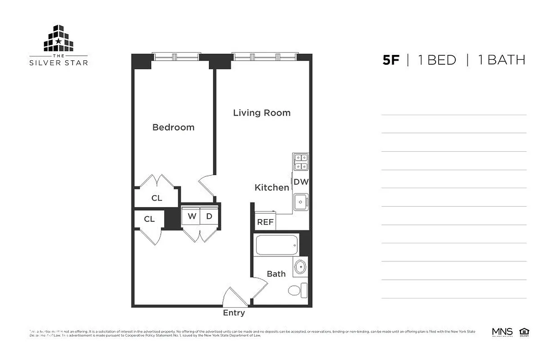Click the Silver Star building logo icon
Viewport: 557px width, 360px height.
pyautogui.click(x=59, y=39)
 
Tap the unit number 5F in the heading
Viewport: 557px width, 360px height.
pyautogui.click(x=391, y=60)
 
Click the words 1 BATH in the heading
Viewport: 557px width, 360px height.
pyautogui.click(x=501, y=60)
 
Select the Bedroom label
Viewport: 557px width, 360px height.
pyautogui.click(x=173, y=127)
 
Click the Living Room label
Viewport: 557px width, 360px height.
pyautogui.click(x=262, y=113)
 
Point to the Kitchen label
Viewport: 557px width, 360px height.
pyautogui.click(x=272, y=188)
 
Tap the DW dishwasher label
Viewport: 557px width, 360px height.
pyautogui.click(x=301, y=182)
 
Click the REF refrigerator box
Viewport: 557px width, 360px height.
pyautogui.click(x=265, y=222)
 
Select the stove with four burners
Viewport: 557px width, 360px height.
pyautogui.click(x=301, y=162)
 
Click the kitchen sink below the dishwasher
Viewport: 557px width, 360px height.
pyautogui.click(x=300, y=202)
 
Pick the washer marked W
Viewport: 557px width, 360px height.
pyautogui.click(x=192, y=216)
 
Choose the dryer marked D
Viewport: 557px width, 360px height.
pyautogui.click(x=209, y=216)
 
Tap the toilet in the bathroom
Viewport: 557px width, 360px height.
pyautogui.click(x=296, y=290)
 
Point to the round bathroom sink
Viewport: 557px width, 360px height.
pyautogui.click(x=300, y=267)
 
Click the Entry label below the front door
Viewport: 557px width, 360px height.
pyautogui.click(x=234, y=313)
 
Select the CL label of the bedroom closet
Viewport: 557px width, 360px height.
pyautogui.click(x=157, y=198)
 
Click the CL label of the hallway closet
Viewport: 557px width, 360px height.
pyautogui.click(x=149, y=219)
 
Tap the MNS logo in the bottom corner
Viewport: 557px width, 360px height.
pyautogui.click(x=502, y=332)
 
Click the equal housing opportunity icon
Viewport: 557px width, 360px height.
pyautogui.click(x=524, y=332)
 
